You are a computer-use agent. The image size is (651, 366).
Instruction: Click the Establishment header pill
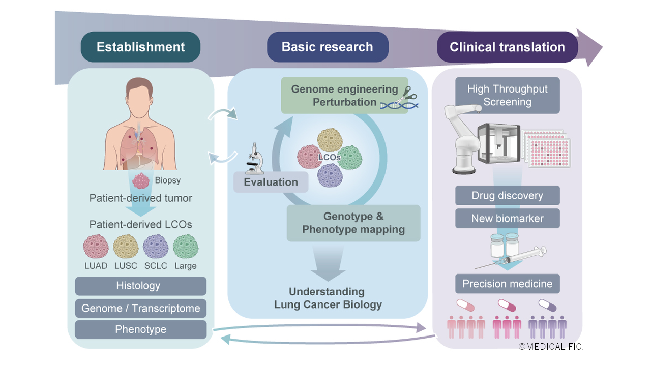click(x=140, y=47)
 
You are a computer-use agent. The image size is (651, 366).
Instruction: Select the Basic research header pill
click(x=327, y=47)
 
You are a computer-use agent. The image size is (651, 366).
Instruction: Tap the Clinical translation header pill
click(x=507, y=47)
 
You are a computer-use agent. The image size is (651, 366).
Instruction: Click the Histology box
click(x=140, y=286)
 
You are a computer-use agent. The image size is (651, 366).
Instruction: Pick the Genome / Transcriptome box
click(x=140, y=308)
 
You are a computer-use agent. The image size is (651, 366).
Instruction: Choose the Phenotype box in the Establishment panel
click(x=140, y=329)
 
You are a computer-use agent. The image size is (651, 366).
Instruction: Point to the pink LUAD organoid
click(x=96, y=247)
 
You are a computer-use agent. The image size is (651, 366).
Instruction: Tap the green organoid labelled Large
click(x=185, y=247)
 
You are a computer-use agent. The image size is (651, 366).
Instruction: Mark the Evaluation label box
click(x=271, y=182)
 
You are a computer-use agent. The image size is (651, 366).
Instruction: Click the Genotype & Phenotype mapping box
click(x=353, y=223)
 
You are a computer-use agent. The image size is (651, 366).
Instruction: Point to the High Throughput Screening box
click(x=507, y=95)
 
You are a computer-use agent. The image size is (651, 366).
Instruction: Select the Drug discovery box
click(x=507, y=196)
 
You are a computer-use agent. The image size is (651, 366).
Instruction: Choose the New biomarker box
click(x=507, y=219)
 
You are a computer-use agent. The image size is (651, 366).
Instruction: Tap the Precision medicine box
click(x=507, y=284)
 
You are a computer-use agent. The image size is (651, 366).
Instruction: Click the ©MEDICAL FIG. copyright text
click(x=551, y=347)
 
